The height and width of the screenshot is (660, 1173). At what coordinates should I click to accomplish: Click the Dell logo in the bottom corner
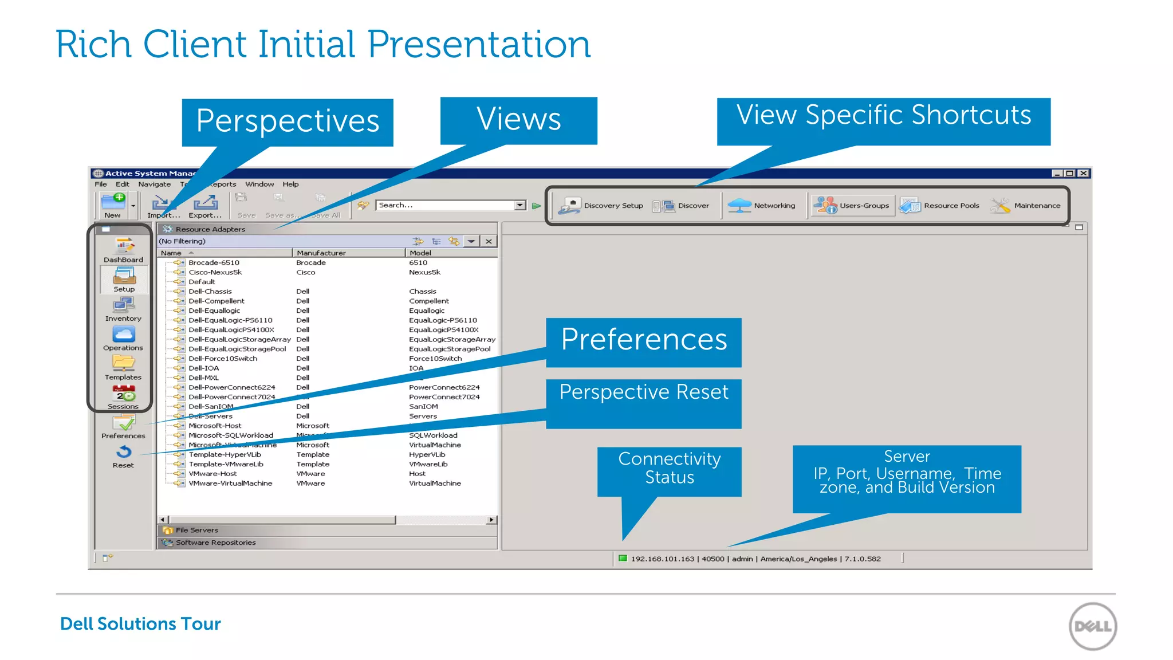coord(1092,626)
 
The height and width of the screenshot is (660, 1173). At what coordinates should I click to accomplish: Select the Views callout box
coord(518,120)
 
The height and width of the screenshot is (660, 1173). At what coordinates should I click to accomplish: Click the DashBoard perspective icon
coord(124,247)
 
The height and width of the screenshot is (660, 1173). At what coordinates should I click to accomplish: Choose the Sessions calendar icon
coord(124,394)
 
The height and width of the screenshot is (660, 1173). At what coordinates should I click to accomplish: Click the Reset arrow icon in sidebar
coord(124,452)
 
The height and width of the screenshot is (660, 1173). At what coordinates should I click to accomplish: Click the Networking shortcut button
coord(762,206)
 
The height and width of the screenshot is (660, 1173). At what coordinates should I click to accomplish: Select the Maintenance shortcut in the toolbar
coord(1025,206)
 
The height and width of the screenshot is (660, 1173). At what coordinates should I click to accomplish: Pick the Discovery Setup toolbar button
coord(601,206)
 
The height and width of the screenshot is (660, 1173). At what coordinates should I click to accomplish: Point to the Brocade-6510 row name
coord(214,263)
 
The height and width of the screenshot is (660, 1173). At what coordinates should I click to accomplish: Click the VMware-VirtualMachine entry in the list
coord(230,484)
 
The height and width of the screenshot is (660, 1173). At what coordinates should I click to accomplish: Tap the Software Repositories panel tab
coord(215,543)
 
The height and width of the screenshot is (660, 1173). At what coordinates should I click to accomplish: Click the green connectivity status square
coord(623,559)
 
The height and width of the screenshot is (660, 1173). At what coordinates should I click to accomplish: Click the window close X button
coord(1083,174)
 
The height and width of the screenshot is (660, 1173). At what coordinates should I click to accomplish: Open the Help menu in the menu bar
coord(290,184)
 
